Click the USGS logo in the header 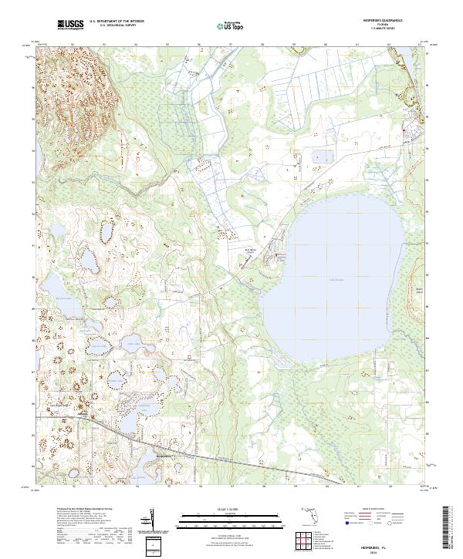coord(70,26)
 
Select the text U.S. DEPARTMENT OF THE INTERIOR coord(117,22)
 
